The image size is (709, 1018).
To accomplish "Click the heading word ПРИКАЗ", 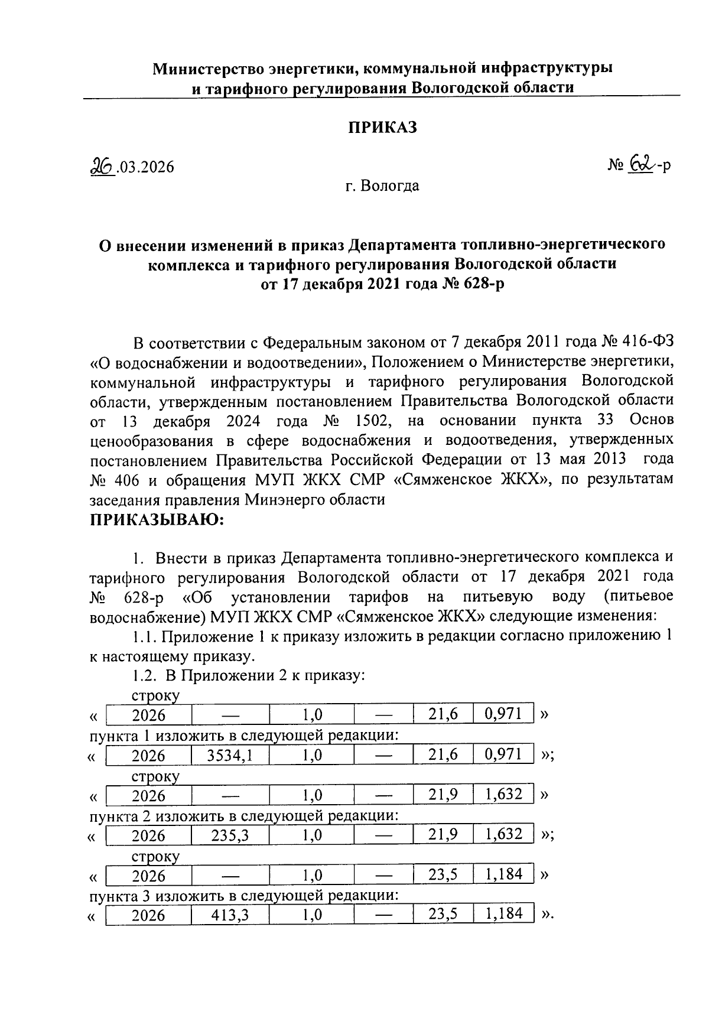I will pos(382,127).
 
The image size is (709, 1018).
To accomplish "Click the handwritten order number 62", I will pos(640,165).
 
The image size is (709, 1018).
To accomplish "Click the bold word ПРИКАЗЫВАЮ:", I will pos(157,520).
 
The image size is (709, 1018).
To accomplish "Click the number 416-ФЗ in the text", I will pos(646,342).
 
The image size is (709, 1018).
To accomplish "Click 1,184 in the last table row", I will pos(503,914).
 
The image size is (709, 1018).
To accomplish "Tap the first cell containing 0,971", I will pos(503,714).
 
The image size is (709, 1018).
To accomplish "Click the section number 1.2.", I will pos(143,675).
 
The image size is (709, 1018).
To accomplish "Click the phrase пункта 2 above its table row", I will pos(118,816).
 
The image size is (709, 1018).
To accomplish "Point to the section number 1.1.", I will pos(143,636).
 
